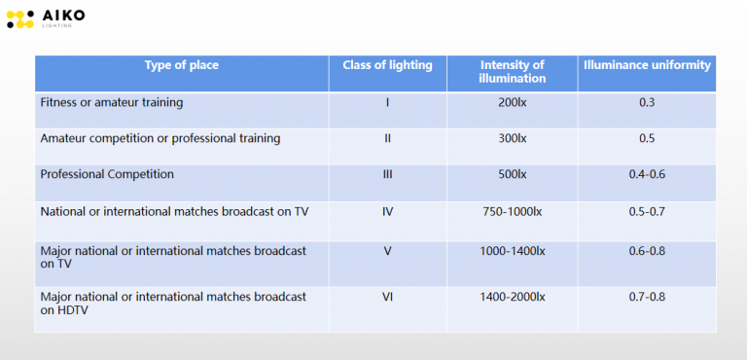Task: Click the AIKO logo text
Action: click(x=63, y=16)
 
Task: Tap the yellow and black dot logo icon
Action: click(x=20, y=19)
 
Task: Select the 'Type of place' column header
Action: click(x=182, y=65)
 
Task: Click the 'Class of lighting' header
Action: click(x=387, y=65)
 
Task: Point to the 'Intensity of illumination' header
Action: click(x=513, y=72)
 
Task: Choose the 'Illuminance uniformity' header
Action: click(x=647, y=65)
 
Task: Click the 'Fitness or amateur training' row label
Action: click(x=112, y=102)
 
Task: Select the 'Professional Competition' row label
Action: click(x=107, y=174)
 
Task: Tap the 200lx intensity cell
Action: click(x=513, y=102)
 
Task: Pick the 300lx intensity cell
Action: click(x=513, y=139)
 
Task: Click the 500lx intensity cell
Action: click(x=513, y=174)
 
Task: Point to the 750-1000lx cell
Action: click(x=513, y=212)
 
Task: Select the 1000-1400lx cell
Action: click(x=513, y=251)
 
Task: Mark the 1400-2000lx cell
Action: click(x=513, y=297)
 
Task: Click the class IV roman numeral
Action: click(x=387, y=212)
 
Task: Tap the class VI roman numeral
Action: click(x=387, y=297)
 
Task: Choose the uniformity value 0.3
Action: click(x=647, y=102)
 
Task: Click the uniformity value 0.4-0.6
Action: click(x=647, y=174)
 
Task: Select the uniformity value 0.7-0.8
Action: click(x=647, y=297)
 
